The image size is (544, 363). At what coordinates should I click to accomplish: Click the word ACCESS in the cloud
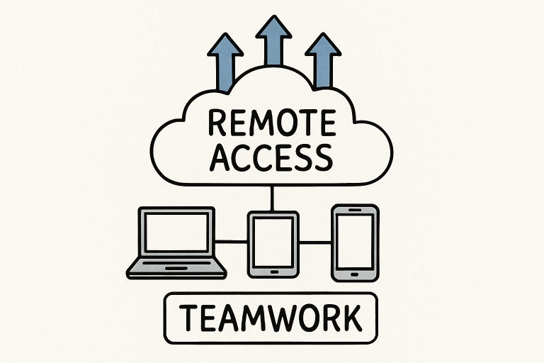[x=272, y=157]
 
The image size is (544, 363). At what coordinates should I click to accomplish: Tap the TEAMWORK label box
[x=271, y=319]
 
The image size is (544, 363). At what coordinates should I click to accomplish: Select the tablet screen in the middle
[x=273, y=240]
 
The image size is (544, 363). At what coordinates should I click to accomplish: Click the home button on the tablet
[x=273, y=269]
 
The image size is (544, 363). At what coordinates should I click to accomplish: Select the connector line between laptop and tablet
[x=231, y=242]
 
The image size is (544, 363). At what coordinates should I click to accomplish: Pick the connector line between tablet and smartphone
[x=315, y=242]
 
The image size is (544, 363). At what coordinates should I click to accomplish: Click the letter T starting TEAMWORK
[x=186, y=319]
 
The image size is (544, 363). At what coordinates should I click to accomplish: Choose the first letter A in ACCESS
[x=222, y=157]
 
